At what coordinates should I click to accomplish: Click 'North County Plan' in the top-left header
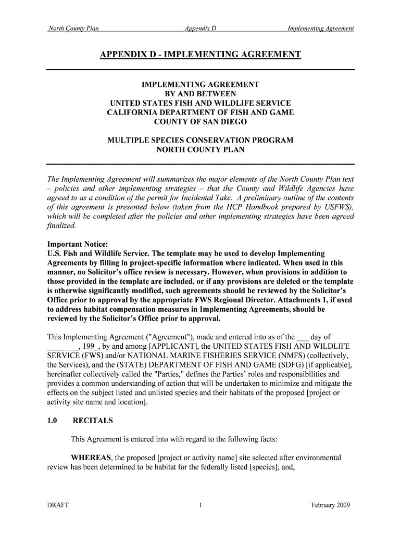point(73,28)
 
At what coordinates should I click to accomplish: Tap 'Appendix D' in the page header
point(200,28)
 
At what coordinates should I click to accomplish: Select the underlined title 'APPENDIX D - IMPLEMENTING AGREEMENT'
point(200,55)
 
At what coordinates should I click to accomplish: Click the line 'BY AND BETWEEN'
point(200,94)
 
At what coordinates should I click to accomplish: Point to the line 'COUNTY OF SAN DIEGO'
point(200,122)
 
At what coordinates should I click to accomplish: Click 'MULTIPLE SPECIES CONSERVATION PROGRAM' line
point(200,141)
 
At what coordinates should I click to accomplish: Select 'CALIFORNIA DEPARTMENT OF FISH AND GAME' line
point(200,112)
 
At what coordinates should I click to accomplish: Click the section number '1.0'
point(54,420)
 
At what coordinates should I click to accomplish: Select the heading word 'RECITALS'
point(93,420)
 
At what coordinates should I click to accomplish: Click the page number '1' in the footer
point(200,505)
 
